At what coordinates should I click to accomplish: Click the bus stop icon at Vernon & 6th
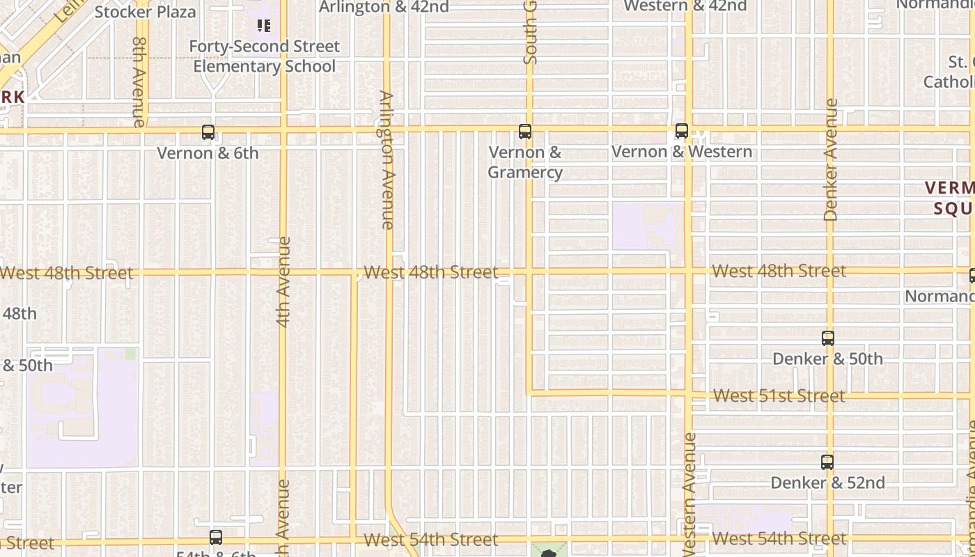208,132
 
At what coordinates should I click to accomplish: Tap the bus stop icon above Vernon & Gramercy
525,131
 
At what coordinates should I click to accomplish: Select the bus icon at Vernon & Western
682,130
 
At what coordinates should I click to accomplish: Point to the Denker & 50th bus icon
828,338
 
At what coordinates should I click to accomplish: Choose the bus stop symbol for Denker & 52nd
827,462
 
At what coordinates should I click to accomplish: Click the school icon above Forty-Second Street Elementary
263,26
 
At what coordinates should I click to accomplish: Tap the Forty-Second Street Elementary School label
265,56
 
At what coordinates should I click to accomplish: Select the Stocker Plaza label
145,11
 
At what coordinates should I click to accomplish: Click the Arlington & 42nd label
384,7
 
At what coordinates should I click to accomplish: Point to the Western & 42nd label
685,6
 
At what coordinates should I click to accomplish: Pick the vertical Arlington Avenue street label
387,159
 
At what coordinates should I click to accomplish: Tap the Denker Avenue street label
830,159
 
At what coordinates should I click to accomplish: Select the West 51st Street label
779,395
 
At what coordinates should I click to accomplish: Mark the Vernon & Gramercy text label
524,162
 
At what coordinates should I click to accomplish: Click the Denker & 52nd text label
827,483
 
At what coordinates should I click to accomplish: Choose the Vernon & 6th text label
208,152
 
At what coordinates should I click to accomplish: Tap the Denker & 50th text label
827,359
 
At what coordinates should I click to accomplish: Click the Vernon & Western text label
682,151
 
